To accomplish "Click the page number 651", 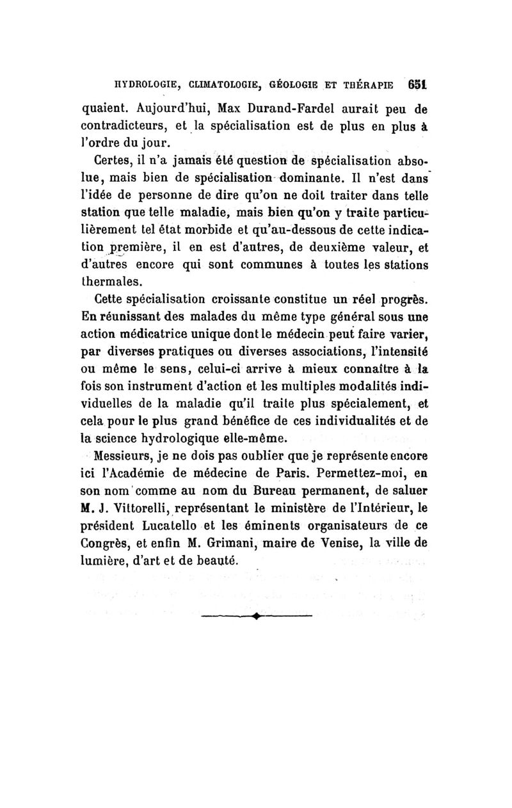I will tap(419, 85).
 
